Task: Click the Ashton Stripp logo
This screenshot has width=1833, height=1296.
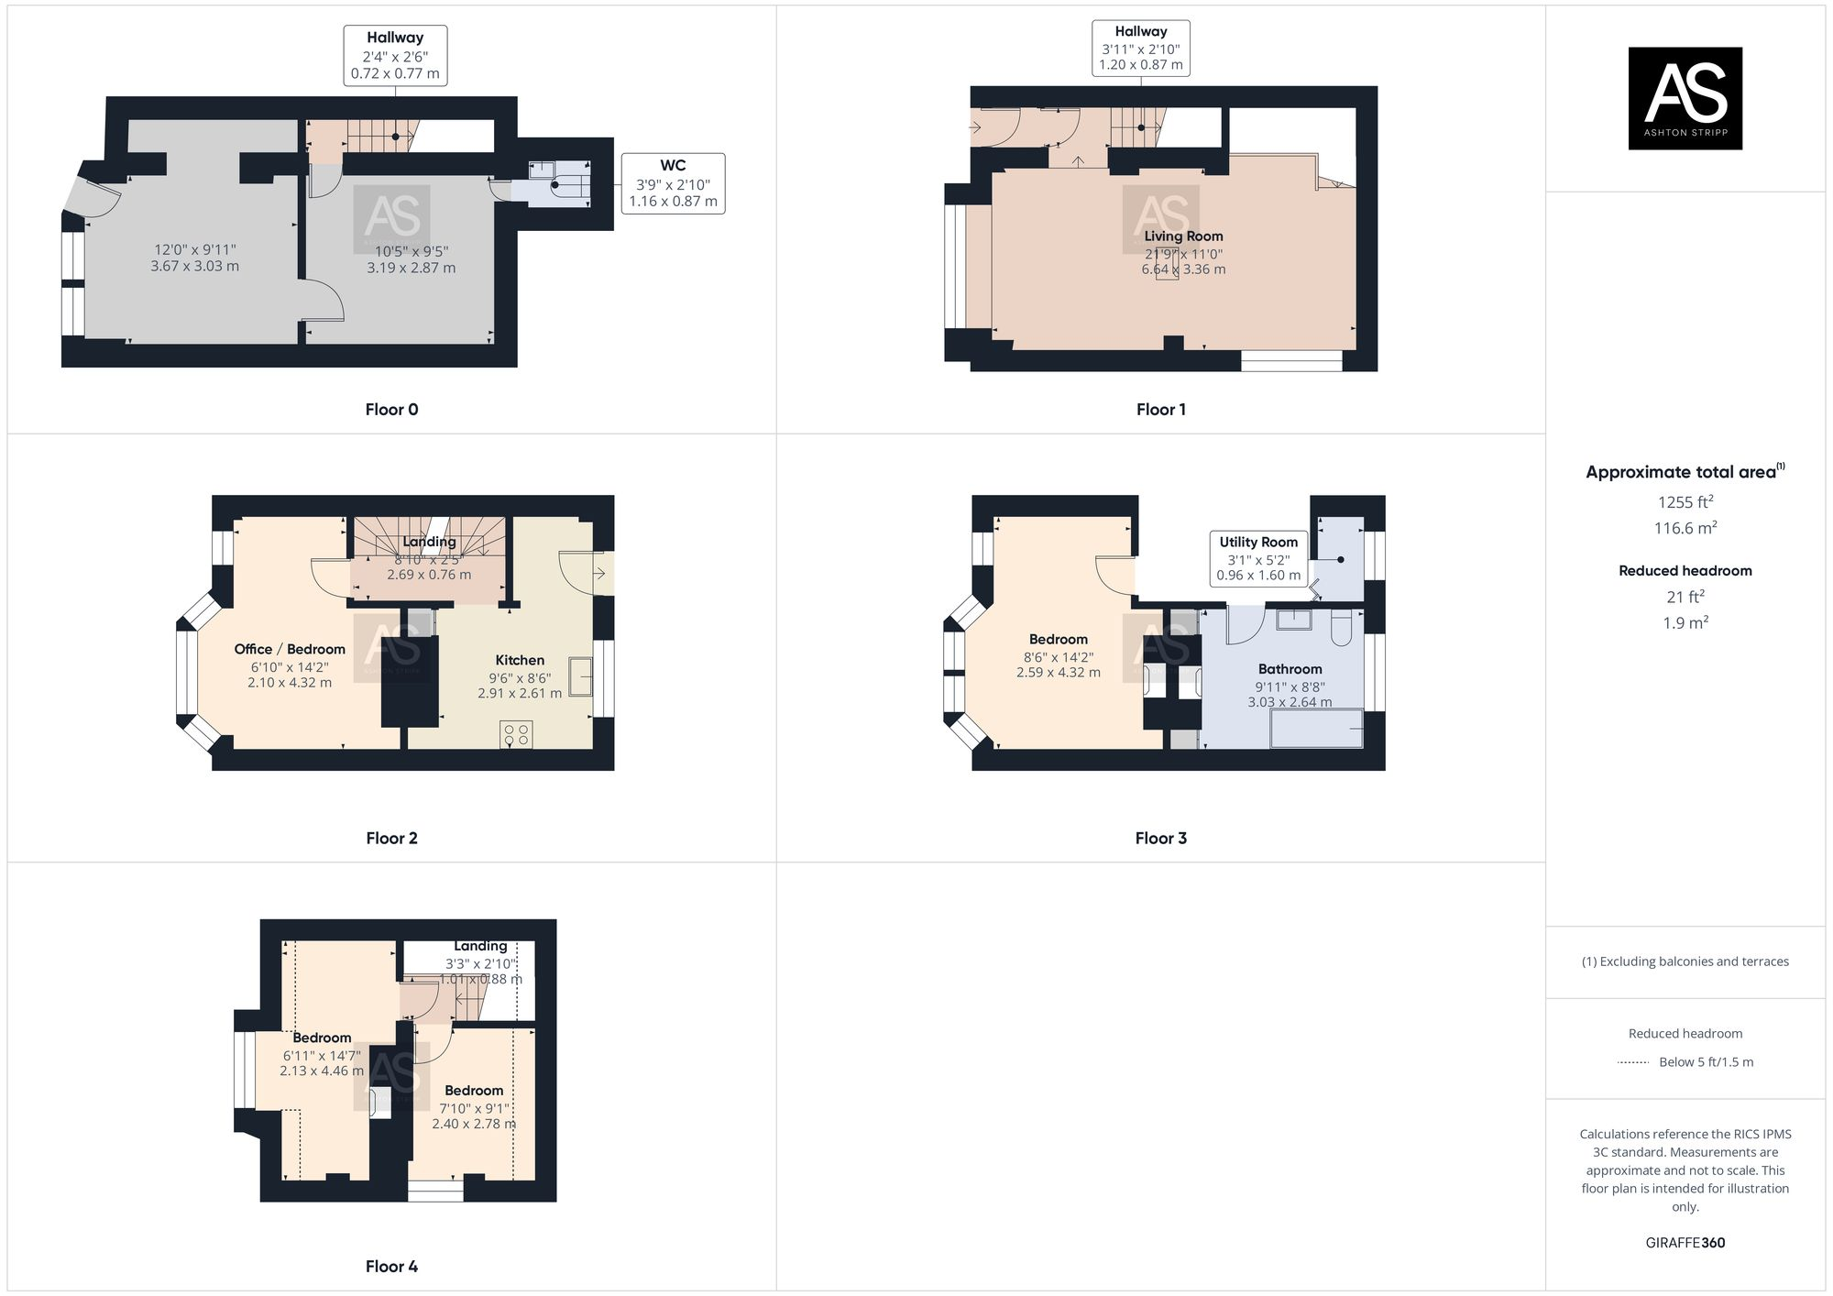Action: tap(1685, 98)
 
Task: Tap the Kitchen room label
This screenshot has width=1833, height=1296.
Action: tap(520, 660)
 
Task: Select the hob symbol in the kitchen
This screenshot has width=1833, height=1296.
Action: tap(516, 734)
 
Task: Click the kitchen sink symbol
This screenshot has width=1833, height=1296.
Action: tap(580, 677)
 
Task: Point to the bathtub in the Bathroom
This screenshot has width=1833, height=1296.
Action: tap(1316, 730)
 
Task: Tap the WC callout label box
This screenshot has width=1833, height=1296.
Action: tap(673, 183)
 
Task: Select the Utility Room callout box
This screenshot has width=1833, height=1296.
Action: tap(1258, 558)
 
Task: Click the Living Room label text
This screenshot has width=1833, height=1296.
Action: tap(1183, 236)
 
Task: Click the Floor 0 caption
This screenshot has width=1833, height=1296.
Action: tap(391, 410)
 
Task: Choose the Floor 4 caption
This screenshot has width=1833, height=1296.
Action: tap(391, 1266)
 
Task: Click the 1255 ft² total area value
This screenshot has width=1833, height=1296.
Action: tap(1685, 502)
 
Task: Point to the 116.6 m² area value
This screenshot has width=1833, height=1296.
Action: tap(1685, 528)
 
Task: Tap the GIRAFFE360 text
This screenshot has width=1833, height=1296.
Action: tap(1685, 1243)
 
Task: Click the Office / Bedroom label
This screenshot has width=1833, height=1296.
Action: tap(290, 649)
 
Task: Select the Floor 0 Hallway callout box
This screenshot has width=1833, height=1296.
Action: tap(395, 55)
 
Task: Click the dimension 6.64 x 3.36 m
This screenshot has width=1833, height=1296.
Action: tap(1183, 269)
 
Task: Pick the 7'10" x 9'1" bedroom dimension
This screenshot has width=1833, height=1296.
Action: tap(474, 1108)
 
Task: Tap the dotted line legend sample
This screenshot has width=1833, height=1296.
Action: tap(1633, 1062)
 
